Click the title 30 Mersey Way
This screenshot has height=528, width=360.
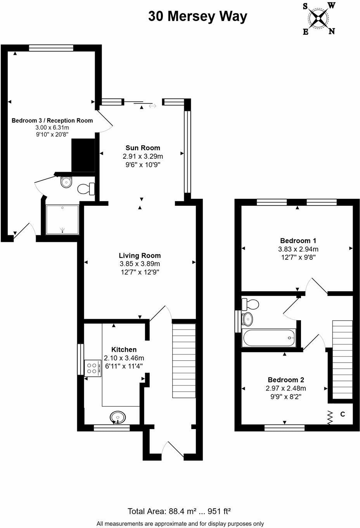click(x=198, y=16)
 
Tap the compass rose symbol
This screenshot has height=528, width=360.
click(x=319, y=18)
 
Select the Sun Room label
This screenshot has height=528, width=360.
click(x=143, y=148)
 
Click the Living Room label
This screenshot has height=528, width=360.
click(x=140, y=255)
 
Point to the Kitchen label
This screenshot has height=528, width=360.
click(x=124, y=349)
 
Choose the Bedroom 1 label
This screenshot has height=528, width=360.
click(x=298, y=241)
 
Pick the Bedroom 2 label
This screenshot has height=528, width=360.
click(x=286, y=380)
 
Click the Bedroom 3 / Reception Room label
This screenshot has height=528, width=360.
click(x=52, y=121)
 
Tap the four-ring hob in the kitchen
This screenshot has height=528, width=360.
click(x=93, y=368)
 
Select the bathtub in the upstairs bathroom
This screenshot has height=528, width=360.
click(x=268, y=338)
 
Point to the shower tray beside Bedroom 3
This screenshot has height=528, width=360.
click(x=62, y=220)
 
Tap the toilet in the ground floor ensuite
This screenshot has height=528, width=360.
click(x=86, y=189)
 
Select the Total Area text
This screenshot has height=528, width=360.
click(x=179, y=512)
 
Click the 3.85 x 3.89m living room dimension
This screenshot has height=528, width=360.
click(x=140, y=264)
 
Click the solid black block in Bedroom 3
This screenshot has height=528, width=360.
click(x=83, y=155)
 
